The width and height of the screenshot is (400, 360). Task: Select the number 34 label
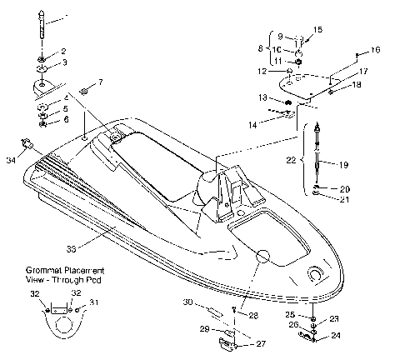tap(11, 159)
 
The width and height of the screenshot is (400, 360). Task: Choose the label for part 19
tap(342, 165)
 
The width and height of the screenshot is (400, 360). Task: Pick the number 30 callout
tap(187, 301)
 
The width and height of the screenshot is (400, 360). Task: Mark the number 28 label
tap(253, 314)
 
